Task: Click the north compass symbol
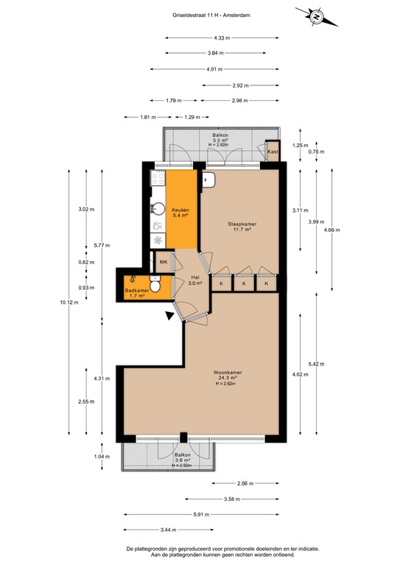315,16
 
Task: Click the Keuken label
180,212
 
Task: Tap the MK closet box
164,262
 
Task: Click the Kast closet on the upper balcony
273,152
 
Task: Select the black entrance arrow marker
171,316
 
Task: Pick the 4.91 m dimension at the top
214,69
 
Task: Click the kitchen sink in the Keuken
158,209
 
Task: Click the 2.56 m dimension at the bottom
245,483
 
